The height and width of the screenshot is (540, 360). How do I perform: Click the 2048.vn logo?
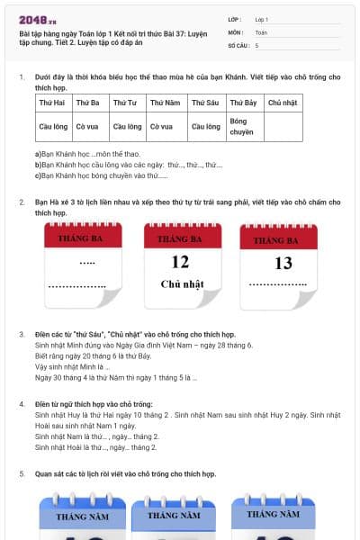38,21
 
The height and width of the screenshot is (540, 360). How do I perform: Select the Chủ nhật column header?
283,103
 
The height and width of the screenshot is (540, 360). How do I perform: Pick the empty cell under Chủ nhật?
283,127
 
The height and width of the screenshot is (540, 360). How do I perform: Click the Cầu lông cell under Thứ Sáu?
207,127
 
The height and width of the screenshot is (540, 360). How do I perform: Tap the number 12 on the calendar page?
181,262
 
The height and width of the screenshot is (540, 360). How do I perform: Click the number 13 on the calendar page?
283,264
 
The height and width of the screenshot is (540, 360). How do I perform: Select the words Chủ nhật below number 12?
182,284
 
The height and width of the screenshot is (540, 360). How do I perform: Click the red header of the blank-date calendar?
83,236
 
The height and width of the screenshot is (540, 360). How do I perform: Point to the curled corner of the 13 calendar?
304,300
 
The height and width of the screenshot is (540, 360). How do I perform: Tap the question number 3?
22,335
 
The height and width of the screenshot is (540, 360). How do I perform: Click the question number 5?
22,474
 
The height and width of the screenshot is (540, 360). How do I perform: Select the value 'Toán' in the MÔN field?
261,32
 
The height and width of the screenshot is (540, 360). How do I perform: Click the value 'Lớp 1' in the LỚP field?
262,20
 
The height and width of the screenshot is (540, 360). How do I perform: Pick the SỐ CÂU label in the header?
238,46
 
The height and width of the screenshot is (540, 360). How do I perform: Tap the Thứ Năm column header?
166,103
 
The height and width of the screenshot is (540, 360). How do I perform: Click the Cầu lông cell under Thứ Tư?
128,127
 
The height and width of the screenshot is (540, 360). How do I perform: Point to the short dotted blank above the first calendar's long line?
87,263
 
